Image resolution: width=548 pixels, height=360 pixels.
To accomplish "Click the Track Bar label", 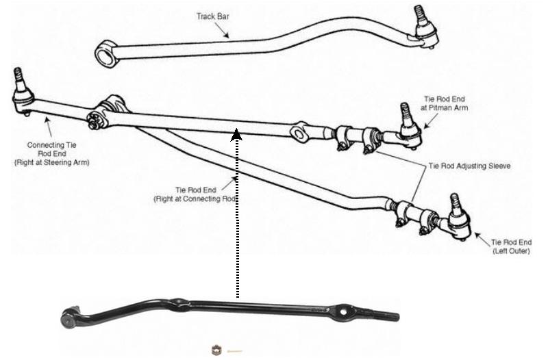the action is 212,16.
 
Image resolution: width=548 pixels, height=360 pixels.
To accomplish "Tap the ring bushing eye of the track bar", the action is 105,54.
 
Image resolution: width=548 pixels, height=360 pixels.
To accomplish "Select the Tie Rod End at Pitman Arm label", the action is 444,104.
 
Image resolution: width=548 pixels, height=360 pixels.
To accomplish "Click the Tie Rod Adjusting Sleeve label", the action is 469,166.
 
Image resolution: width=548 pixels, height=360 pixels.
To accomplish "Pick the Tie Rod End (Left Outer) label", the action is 511,246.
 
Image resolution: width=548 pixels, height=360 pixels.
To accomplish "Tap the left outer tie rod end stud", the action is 455,203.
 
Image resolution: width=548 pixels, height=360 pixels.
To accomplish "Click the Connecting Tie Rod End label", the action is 52,153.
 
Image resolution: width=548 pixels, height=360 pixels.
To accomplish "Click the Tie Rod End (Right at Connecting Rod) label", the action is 196,194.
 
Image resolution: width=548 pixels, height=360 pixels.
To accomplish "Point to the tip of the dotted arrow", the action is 236,129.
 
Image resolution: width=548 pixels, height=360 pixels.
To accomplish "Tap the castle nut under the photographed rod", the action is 216,350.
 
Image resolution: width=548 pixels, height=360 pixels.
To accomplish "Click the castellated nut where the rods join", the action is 93,120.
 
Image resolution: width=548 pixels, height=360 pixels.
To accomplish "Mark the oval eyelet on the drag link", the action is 298,132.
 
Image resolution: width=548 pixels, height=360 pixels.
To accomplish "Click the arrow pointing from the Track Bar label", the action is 221,30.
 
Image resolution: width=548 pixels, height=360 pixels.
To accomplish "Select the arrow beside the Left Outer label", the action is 483,240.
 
